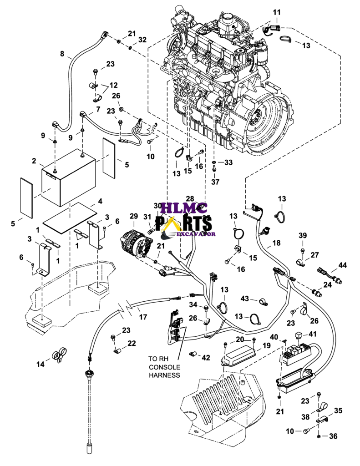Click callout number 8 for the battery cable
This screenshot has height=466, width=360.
62,54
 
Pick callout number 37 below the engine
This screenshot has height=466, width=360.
215,182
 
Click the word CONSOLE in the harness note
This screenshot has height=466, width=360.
164,367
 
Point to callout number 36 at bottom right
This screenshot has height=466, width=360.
334,436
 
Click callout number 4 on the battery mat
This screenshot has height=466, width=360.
100,201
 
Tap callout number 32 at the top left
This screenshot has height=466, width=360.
142,40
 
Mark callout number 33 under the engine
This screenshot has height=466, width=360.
228,162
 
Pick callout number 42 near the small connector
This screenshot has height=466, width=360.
206,358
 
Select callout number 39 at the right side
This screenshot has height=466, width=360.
303,235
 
